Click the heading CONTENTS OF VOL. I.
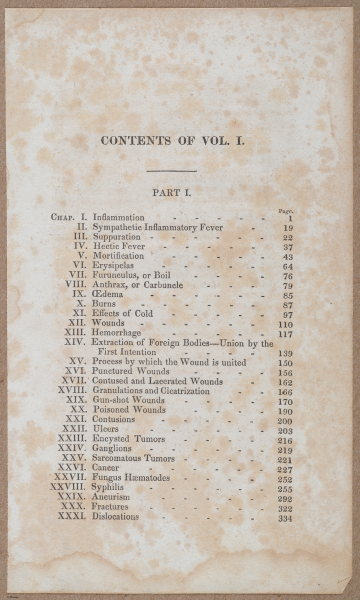[178, 141]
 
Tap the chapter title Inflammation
[119, 217]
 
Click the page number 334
[285, 518]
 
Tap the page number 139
[285, 353]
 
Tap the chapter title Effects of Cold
[124, 314]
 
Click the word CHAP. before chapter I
[62, 217]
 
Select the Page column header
[285, 209]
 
